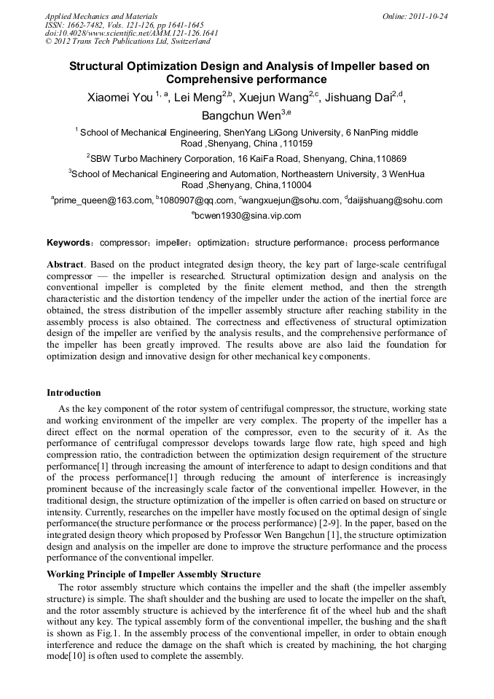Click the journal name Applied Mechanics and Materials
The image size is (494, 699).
101,15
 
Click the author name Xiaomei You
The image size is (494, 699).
119,98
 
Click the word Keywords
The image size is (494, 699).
68,243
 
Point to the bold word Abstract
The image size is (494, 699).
65,262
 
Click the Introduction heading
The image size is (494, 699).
74,393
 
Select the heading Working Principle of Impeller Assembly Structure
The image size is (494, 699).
153,575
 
